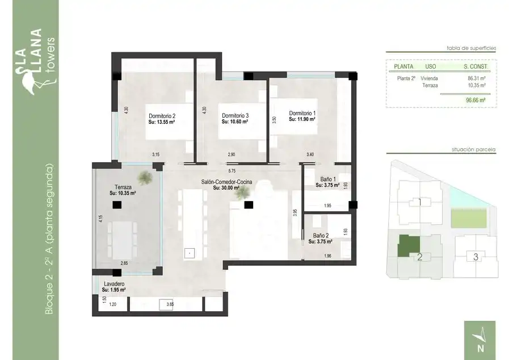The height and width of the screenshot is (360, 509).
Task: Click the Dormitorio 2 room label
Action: pyautogui.click(x=162, y=116)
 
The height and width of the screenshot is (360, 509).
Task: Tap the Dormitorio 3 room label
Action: pyautogui.click(x=235, y=116)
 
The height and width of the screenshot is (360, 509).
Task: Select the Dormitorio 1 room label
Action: pyautogui.click(x=302, y=114)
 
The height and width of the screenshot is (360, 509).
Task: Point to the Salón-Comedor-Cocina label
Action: pyautogui.click(x=226, y=182)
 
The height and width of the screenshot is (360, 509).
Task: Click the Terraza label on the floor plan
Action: pyautogui.click(x=123, y=187)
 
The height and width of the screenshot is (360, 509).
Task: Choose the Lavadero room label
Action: pyautogui.click(x=114, y=284)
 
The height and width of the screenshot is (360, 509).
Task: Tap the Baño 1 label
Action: pyautogui.click(x=328, y=179)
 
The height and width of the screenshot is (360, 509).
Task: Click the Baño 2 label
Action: pyautogui.click(x=321, y=236)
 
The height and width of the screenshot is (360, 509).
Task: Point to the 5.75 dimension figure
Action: pyautogui.click(x=232, y=170)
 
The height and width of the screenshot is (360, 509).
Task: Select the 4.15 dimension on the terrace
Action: pyautogui.click(x=101, y=219)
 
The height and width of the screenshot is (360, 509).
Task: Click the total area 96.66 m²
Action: pyautogui.click(x=476, y=101)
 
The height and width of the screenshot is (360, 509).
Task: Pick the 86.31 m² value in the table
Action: pyautogui.click(x=477, y=78)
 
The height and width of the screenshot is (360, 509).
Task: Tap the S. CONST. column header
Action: pyautogui.click(x=476, y=66)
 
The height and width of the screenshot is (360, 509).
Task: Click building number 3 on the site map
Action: pyautogui.click(x=476, y=257)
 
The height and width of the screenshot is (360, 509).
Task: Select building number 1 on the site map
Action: pyautogui.click(x=419, y=202)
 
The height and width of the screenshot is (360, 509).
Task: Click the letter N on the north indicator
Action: pyautogui.click(x=481, y=348)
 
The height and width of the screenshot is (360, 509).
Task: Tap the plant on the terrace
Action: pyautogui.click(x=145, y=177)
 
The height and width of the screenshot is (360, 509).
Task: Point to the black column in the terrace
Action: pyautogui.click(x=117, y=205)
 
